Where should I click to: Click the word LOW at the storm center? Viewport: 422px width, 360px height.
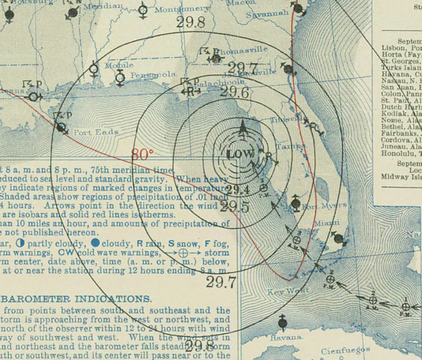[x=241, y=154]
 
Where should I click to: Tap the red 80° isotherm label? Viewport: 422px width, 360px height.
[x=142, y=154]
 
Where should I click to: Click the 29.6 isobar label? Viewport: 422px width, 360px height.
[x=235, y=92]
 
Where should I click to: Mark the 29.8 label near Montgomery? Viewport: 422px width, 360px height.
[x=190, y=22]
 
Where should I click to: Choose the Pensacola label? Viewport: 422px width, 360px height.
[x=152, y=75]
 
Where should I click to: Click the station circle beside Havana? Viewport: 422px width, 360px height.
[x=283, y=323]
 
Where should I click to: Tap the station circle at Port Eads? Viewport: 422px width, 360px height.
[x=58, y=128]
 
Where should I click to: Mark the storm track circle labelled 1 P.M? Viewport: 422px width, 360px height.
[x=406, y=306]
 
